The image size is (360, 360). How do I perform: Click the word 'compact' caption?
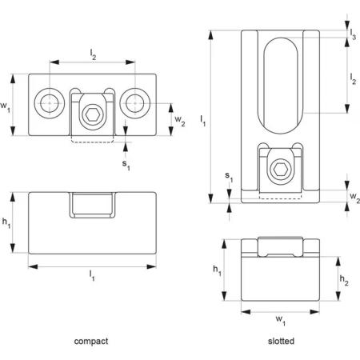(91, 342)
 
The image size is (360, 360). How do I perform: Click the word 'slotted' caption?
(281, 341)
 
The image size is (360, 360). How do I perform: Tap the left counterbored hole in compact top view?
(50, 103)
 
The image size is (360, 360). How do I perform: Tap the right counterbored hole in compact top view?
(135, 103)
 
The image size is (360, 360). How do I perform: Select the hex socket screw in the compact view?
(93, 115)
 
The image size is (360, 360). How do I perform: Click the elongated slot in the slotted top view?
(281, 86)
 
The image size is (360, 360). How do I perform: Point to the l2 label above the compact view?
(93, 54)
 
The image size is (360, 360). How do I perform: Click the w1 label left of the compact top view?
(5, 106)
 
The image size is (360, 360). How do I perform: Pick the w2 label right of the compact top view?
(180, 121)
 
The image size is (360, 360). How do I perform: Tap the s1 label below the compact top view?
(126, 165)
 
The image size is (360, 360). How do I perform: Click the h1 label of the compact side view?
(6, 222)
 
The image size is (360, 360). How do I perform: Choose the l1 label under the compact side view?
(92, 275)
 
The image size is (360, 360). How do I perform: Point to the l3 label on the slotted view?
(353, 34)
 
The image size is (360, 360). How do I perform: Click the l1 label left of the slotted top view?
(203, 121)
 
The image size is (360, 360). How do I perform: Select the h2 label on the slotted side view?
(344, 280)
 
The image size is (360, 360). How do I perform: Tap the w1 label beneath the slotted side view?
(281, 320)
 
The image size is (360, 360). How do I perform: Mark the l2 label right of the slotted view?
(353, 78)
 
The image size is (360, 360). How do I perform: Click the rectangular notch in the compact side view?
(93, 205)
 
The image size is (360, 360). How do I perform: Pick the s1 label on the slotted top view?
(229, 177)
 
